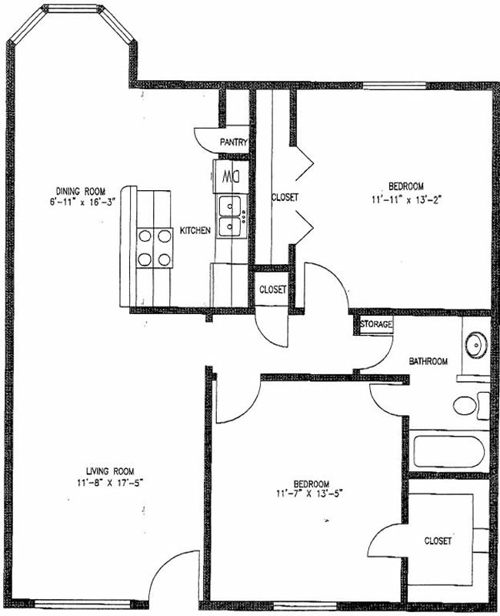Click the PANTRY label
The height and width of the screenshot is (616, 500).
point(234,142)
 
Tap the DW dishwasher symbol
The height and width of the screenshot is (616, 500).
point(232,177)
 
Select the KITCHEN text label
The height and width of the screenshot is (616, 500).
point(195,230)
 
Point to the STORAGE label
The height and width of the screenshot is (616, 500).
point(376,324)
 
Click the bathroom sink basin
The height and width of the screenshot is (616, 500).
point(476,345)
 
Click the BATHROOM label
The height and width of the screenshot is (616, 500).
point(428,361)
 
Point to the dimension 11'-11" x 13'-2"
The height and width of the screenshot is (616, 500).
point(407,199)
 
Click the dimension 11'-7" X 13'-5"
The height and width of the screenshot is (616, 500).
point(310,494)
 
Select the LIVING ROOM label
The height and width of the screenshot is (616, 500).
point(110,471)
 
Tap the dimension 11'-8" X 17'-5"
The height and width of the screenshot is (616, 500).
point(109,483)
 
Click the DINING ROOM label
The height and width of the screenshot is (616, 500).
point(81,191)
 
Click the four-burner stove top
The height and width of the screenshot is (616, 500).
point(155,248)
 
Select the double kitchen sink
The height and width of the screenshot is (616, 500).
point(231,216)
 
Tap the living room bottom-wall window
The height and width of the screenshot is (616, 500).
point(82,604)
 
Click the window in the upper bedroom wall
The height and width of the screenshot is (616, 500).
point(395,85)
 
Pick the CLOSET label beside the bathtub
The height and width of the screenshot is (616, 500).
point(438,541)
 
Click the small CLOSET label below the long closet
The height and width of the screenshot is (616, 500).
point(273,290)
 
